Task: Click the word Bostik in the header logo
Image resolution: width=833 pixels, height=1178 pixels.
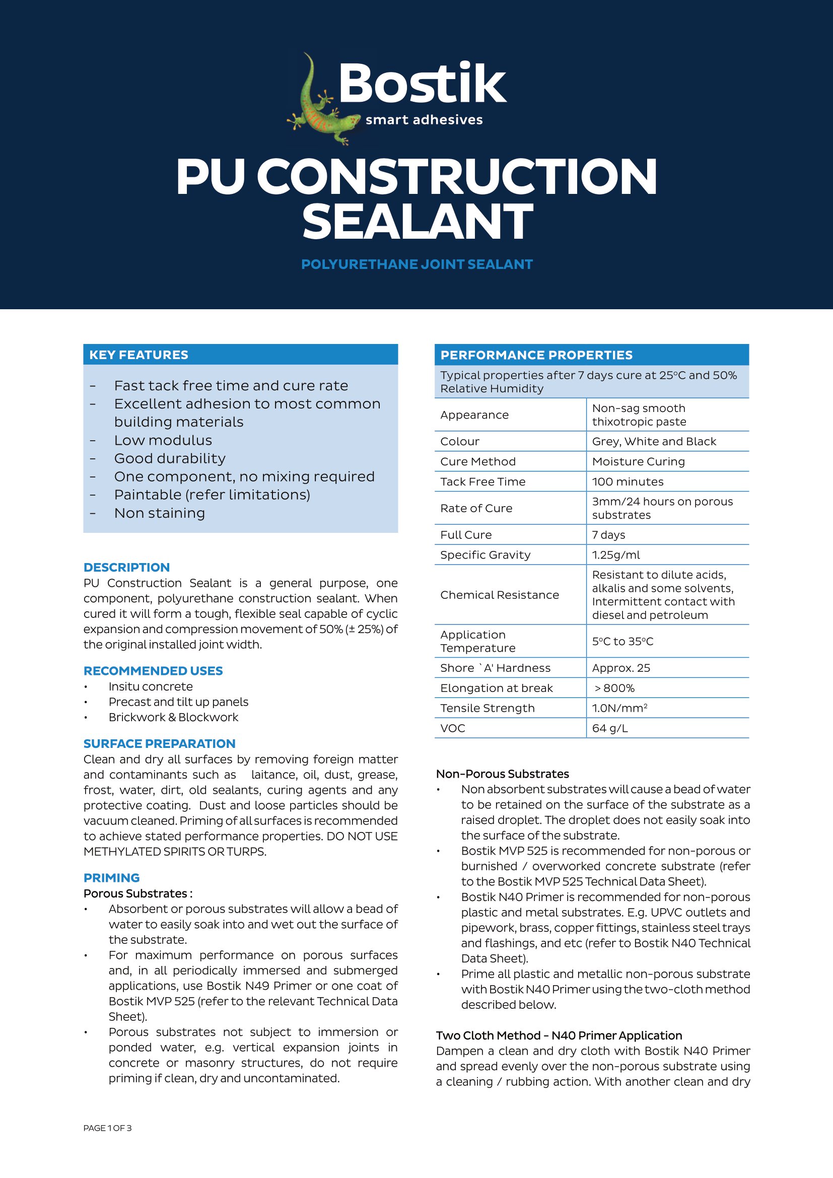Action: [422, 84]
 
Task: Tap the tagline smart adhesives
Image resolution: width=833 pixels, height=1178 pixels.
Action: [424, 120]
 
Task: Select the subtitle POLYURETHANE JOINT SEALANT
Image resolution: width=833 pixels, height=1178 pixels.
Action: [416, 264]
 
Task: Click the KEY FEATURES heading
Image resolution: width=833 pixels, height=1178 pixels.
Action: [138, 355]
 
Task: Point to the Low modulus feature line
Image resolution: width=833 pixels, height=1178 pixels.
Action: [163, 440]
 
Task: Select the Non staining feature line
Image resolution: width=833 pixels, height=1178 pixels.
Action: [159, 513]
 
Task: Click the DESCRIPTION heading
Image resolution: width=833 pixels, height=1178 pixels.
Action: [126, 568]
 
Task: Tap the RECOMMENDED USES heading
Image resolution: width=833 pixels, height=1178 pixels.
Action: [153, 671]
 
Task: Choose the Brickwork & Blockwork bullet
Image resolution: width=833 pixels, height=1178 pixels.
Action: [173, 717]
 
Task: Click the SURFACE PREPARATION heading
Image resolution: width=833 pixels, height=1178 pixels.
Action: [159, 744]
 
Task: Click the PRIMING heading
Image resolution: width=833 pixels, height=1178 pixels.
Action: [111, 878]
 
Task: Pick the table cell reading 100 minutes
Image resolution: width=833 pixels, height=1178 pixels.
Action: [628, 482]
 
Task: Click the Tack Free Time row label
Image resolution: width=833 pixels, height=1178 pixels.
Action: [482, 482]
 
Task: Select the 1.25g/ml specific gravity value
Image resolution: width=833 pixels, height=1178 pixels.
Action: [615, 555]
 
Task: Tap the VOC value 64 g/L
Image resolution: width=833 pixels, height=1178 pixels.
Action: [609, 728]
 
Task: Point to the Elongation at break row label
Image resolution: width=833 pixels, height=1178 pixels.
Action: [496, 688]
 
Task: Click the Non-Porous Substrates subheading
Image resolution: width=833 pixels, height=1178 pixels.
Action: [502, 774]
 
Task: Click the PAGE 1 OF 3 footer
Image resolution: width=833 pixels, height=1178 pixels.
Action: [107, 1128]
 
